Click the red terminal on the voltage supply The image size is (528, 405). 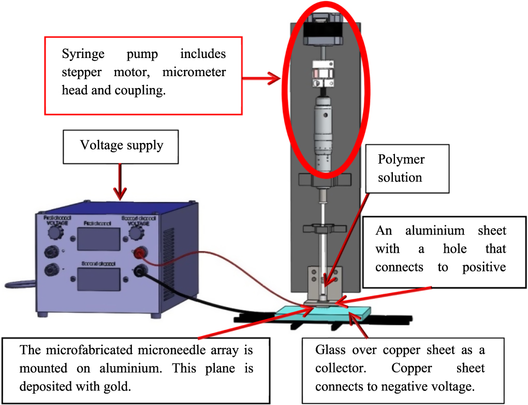click(139, 253)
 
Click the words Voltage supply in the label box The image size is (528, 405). click(122, 145)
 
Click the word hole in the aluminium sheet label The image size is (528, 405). click(455, 249)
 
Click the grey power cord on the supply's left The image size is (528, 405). click(16, 284)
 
